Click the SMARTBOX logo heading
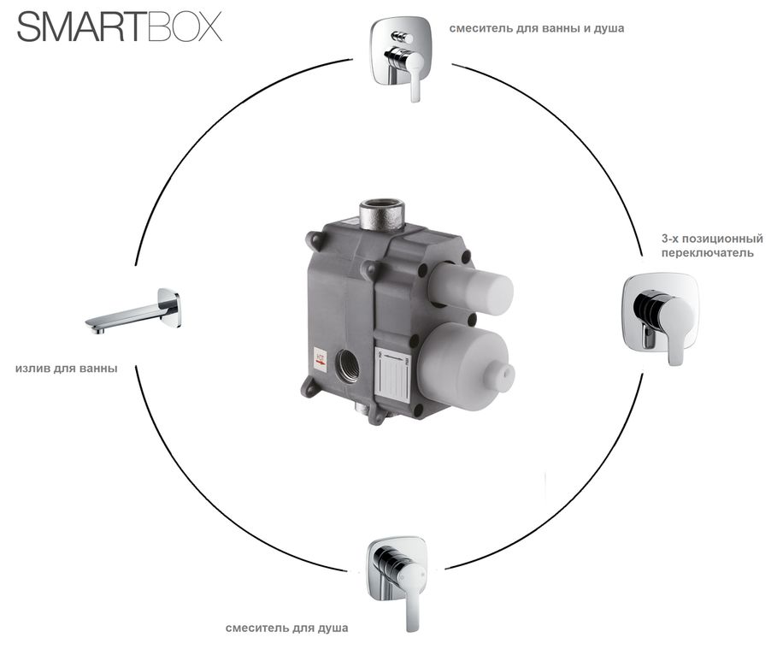click(120, 27)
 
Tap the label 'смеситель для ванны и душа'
click(536, 28)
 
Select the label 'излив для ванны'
click(67, 369)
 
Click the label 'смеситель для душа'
click(286, 628)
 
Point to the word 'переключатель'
click(708, 253)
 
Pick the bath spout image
click(133, 311)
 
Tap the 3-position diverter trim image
click(660, 318)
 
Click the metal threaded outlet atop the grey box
click(382, 213)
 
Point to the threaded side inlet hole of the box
click(347, 365)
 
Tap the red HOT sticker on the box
click(321, 360)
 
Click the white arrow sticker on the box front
click(392, 374)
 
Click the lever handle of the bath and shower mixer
click(414, 75)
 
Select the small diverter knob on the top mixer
click(401, 37)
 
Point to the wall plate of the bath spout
click(169, 308)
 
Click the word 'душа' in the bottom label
click(333, 629)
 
